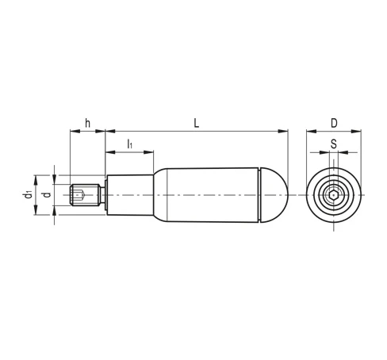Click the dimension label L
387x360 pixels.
click(196, 123)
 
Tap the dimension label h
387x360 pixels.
click(87, 123)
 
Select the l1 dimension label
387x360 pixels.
click(129, 144)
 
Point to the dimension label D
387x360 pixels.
click(334, 123)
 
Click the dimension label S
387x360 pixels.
click(334, 144)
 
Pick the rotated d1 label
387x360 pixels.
click(28, 194)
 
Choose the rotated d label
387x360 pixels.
click(47, 195)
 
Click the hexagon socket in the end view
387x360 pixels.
click(334, 195)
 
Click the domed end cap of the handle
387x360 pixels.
click(274, 195)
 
